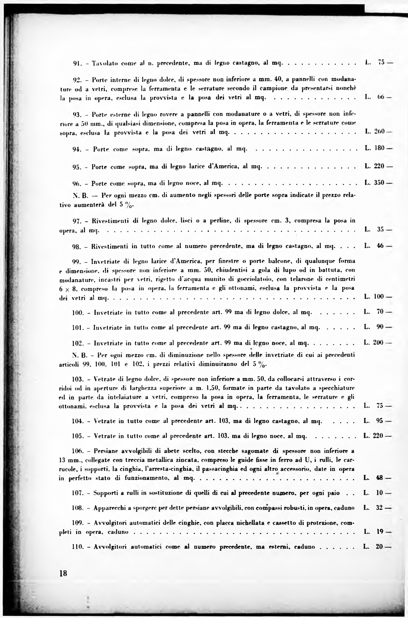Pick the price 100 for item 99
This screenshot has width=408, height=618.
coord(379,296)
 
